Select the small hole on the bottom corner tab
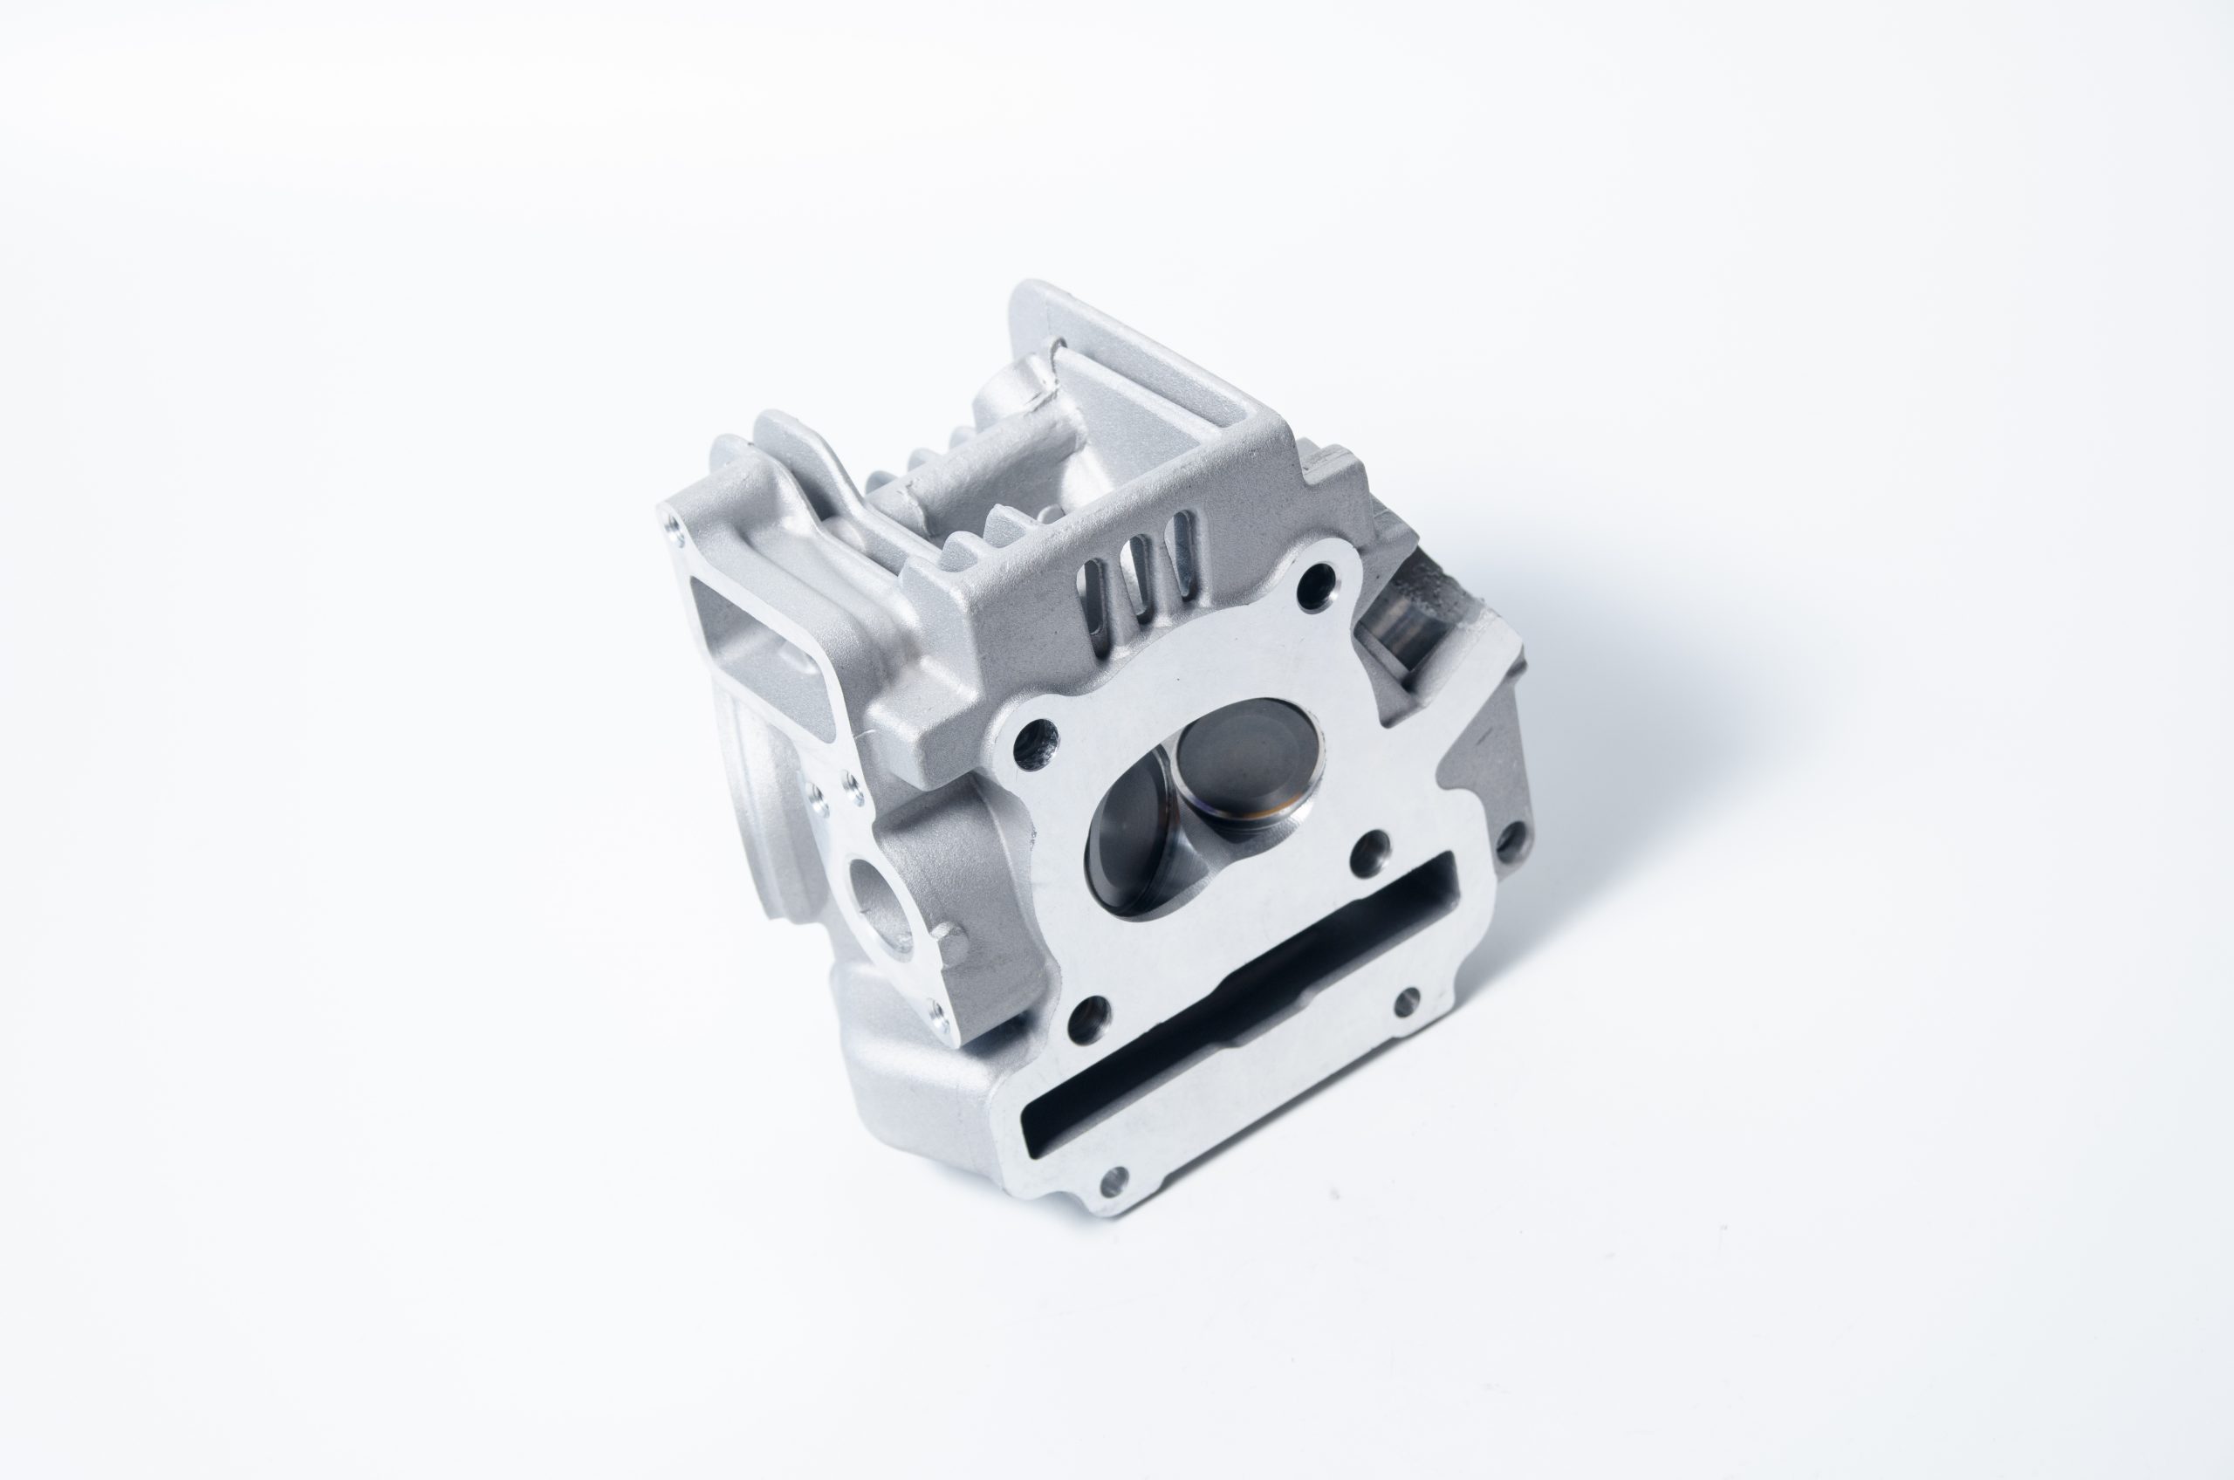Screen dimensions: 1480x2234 [x=1114, y=1179]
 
